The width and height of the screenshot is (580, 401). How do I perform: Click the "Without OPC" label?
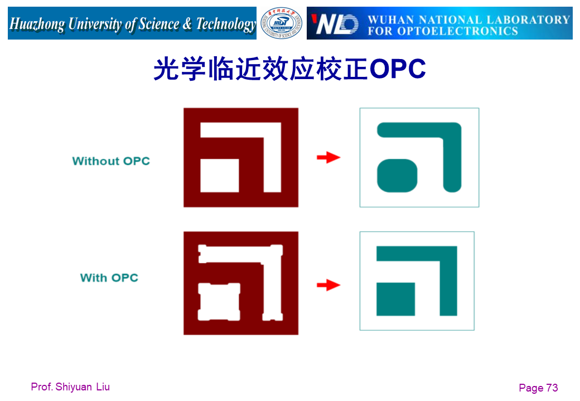[x=111, y=161]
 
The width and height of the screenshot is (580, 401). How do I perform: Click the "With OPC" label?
[x=109, y=277]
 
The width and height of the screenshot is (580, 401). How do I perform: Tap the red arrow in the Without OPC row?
[x=328, y=158]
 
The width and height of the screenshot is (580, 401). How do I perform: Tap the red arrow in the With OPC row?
[x=328, y=285]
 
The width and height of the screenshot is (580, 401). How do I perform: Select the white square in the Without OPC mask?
[x=220, y=175]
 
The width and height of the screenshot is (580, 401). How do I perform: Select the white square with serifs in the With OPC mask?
[x=219, y=301]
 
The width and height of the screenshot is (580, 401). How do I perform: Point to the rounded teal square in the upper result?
[x=397, y=175]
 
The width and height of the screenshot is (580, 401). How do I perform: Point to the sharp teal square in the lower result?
[x=396, y=299]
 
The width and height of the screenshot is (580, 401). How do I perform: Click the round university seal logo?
[x=282, y=23]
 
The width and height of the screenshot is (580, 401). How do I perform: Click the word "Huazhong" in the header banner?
[x=37, y=24]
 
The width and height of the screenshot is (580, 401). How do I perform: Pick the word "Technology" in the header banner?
[x=226, y=24]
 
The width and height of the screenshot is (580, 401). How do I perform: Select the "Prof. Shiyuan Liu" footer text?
[x=70, y=387]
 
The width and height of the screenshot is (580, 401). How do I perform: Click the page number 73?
[x=552, y=388]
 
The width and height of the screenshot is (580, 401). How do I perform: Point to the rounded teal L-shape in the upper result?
[x=452, y=139]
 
